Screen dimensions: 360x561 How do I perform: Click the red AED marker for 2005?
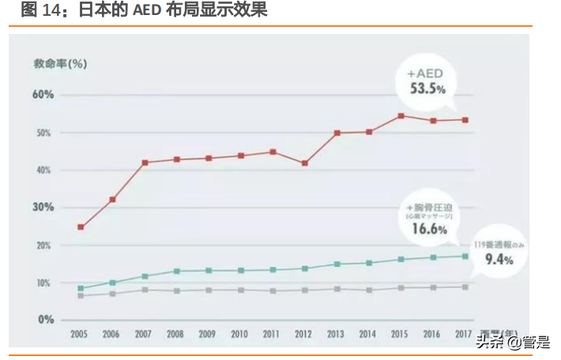81,227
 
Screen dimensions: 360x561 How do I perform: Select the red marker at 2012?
304,163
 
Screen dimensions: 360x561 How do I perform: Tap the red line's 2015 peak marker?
401,116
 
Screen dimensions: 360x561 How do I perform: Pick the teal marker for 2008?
176,271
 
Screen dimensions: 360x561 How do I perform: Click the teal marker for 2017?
465,256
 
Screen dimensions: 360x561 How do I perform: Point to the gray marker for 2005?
81,296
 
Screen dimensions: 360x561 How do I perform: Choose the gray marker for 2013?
337,289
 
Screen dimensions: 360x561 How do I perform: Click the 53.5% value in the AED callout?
428,88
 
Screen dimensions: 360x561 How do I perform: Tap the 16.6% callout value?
427,230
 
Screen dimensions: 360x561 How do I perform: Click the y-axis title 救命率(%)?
60,63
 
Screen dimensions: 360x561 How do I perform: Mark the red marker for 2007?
145,163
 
